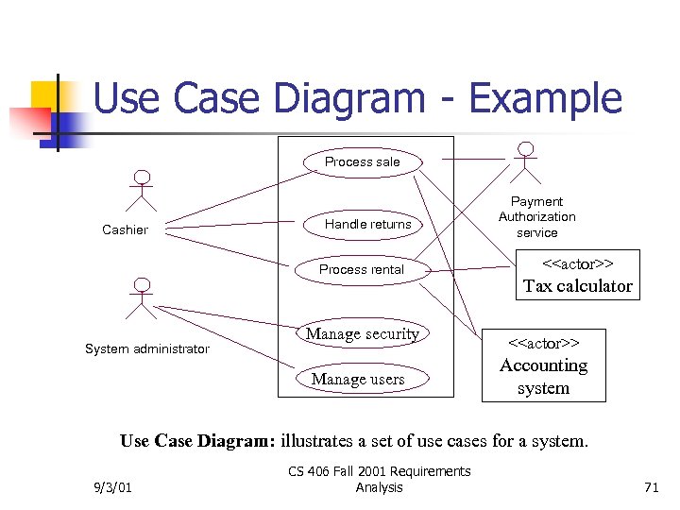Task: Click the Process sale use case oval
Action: [363, 161]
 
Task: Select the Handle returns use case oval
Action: [367, 224]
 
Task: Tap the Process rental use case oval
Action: [362, 269]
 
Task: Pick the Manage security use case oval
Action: [363, 334]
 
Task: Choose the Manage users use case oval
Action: [358, 380]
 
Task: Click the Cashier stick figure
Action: [142, 190]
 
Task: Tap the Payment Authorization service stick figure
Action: [525, 161]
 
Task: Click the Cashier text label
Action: [125, 230]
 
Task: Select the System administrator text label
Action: [146, 349]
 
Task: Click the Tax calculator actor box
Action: [577, 274]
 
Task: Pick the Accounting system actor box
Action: [543, 365]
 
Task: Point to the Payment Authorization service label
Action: [536, 216]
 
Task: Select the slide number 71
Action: [650, 487]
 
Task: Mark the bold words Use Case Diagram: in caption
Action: [197, 441]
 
